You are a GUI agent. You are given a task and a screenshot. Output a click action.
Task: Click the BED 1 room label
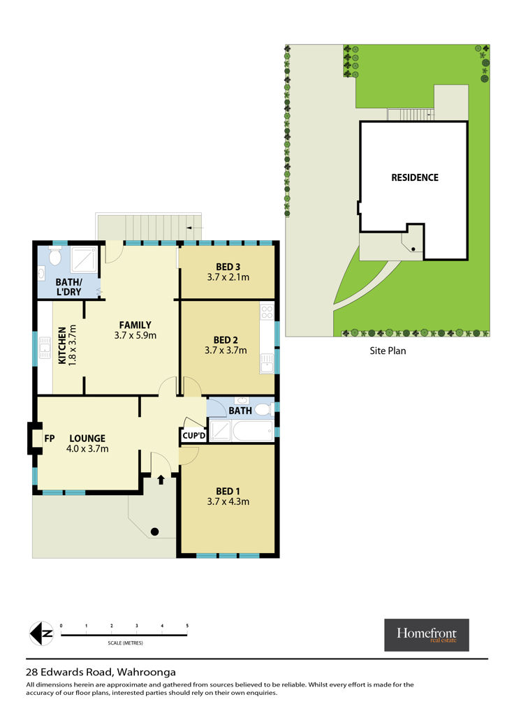pyautogui.click(x=228, y=491)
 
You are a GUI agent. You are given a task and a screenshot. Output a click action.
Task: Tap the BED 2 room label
pyautogui.click(x=226, y=340)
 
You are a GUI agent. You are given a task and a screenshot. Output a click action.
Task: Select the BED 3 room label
pyautogui.click(x=228, y=267)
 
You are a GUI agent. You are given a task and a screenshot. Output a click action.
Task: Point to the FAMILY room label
pyautogui.click(x=135, y=325)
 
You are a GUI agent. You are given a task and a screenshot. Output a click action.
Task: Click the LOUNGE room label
pyautogui.click(x=87, y=438)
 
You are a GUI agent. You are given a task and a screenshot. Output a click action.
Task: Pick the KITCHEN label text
pyautogui.click(x=62, y=346)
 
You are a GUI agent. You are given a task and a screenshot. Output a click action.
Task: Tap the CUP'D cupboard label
pyautogui.click(x=193, y=435)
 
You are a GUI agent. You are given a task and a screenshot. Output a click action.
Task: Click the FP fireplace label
pyautogui.click(x=49, y=438)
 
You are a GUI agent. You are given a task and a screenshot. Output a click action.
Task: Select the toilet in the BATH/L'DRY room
pyautogui.click(x=55, y=256)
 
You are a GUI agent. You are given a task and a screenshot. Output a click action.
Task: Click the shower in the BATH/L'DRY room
pyautogui.click(x=83, y=259)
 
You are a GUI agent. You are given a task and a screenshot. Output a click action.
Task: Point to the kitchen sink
pyautogui.click(x=45, y=348)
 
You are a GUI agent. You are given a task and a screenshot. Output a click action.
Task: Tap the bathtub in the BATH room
pyautogui.click(x=253, y=431)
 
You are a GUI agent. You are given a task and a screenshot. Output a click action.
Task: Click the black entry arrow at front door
pyautogui.click(x=161, y=479)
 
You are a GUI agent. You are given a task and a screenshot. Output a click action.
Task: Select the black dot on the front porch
pyautogui.click(x=155, y=531)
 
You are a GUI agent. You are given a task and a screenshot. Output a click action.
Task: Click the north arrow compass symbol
pyautogui.click(x=42, y=633)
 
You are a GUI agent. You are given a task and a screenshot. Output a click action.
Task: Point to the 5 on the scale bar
pyautogui.click(x=187, y=626)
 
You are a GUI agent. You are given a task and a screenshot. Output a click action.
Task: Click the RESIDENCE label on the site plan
pyautogui.click(x=415, y=177)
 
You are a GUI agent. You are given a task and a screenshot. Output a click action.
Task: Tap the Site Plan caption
pyautogui.click(x=388, y=351)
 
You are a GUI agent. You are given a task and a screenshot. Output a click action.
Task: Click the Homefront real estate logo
pyautogui.click(x=427, y=635)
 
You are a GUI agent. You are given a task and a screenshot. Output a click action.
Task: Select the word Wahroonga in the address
pyautogui.click(x=147, y=672)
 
